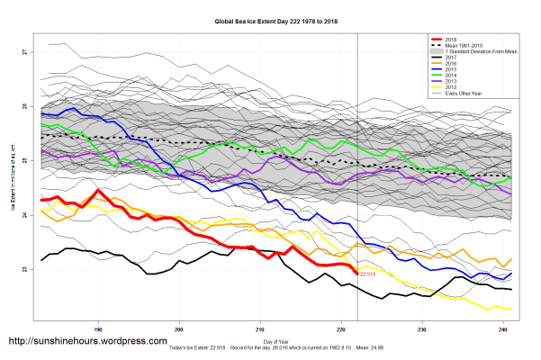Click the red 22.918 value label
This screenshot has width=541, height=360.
[369, 274]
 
